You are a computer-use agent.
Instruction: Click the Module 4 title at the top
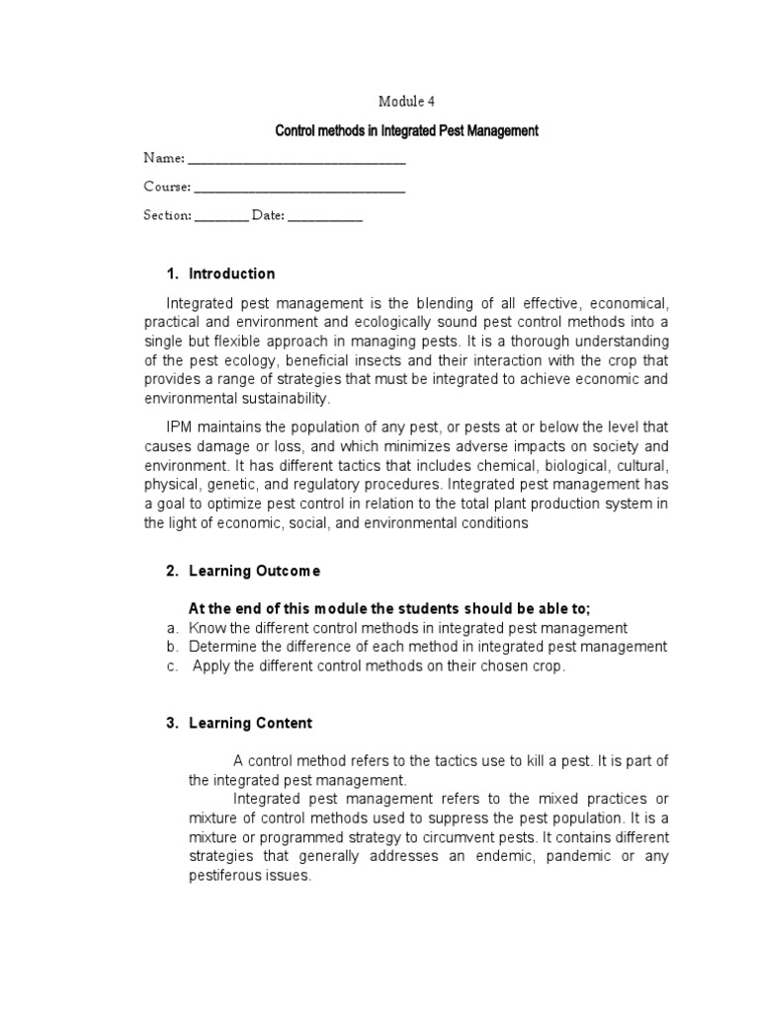405,100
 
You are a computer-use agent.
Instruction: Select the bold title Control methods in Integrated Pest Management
406,130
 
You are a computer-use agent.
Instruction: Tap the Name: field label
163,158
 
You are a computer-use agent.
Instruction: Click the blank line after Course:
299,187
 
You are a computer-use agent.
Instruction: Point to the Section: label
167,215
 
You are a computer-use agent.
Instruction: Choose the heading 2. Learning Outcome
242,571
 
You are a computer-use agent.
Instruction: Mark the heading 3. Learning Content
238,723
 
